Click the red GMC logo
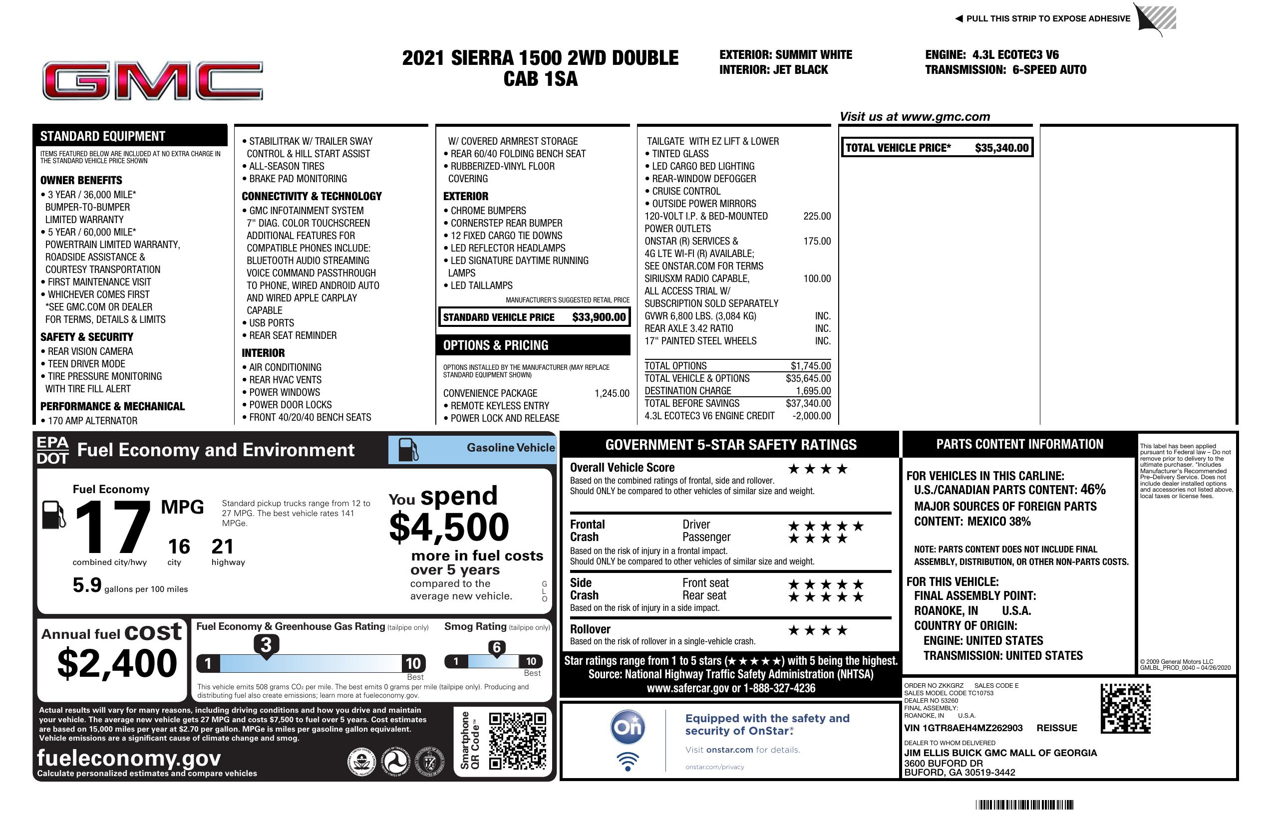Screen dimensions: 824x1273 click(x=152, y=81)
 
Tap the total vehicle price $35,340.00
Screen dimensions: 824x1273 click(x=1001, y=148)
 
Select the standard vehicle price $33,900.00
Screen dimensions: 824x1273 click(x=599, y=317)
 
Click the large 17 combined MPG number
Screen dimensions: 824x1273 click(x=112, y=527)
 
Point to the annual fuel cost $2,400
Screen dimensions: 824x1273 click(x=117, y=663)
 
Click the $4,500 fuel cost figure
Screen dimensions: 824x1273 click(x=449, y=527)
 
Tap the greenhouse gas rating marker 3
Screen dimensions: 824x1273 click(x=266, y=645)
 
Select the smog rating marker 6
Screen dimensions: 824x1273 click(x=496, y=647)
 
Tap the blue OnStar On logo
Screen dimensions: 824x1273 click(x=628, y=727)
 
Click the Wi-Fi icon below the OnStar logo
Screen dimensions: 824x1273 click(x=628, y=762)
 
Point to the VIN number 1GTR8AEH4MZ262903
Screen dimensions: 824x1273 click(x=963, y=728)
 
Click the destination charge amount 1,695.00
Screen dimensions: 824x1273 click(x=813, y=391)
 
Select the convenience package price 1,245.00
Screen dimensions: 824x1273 click(x=612, y=394)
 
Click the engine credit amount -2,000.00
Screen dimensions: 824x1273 click(x=811, y=416)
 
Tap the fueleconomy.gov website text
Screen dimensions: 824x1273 click(x=129, y=758)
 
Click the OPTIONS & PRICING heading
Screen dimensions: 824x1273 click(x=495, y=345)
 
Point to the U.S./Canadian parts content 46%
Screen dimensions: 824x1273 click(x=1092, y=489)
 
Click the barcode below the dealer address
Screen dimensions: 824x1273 click(x=1024, y=805)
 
